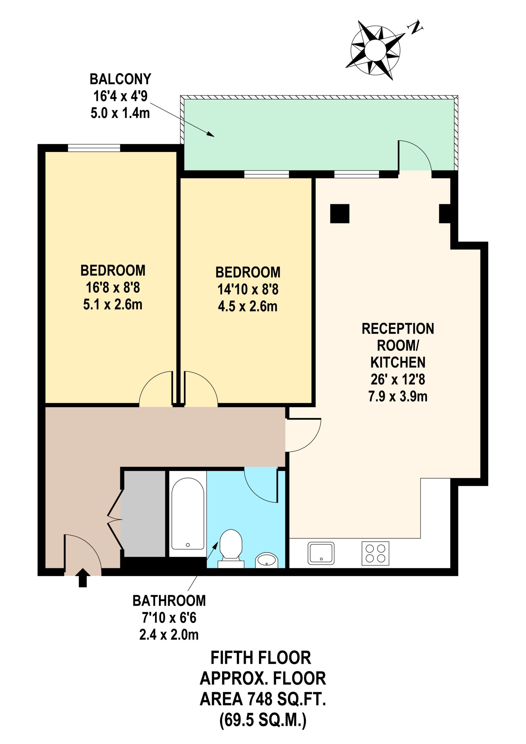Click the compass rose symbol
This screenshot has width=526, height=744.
click(x=375, y=51)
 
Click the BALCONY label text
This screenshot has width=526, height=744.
click(x=121, y=79)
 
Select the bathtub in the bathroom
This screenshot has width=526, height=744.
click(x=188, y=515)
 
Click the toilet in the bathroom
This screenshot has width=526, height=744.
click(x=231, y=549)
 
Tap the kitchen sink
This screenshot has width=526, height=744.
click(x=321, y=553)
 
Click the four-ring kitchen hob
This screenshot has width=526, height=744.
click(x=375, y=553)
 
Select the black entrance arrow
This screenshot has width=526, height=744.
click(x=83, y=578)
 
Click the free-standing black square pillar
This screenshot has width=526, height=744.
click(x=340, y=214)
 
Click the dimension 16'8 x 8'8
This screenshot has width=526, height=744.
click(x=113, y=288)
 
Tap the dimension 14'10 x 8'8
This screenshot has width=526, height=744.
click(x=248, y=289)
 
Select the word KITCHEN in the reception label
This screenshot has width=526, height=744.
click(x=398, y=362)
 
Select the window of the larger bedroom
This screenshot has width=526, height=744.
click(x=94, y=148)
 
